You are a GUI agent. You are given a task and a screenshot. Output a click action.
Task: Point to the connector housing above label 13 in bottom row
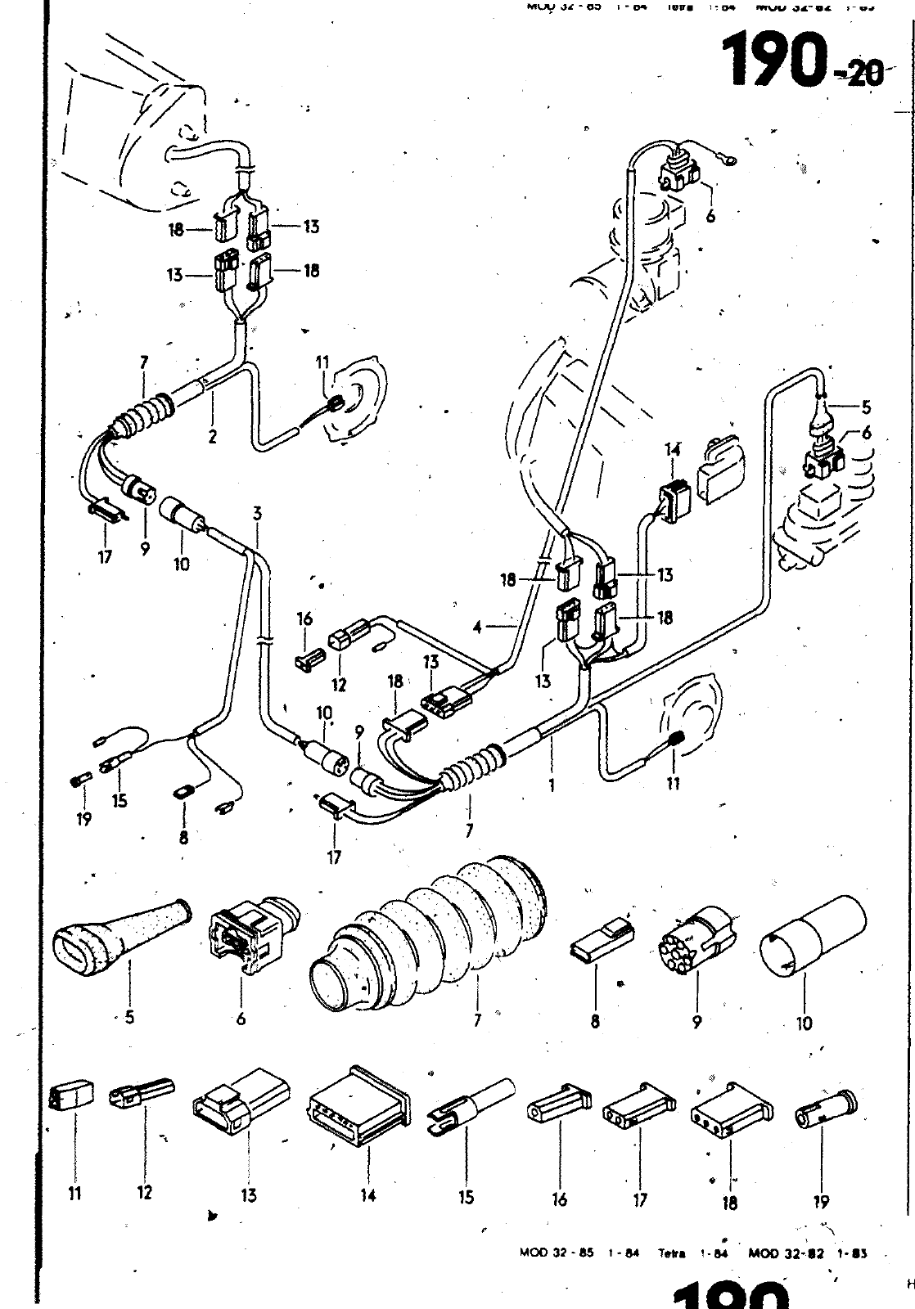click(x=240, y=1101)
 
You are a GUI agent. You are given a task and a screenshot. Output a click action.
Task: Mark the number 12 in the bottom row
click(x=145, y=1192)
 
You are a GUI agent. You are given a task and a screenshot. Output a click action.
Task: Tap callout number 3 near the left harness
click(x=257, y=514)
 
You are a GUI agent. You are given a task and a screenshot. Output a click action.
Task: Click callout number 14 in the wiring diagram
click(x=672, y=449)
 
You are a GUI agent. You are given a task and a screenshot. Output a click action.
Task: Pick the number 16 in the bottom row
click(x=559, y=1199)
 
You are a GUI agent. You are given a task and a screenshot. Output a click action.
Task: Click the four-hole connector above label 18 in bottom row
click(x=732, y=1112)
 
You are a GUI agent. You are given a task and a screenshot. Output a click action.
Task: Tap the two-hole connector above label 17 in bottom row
click(x=638, y=1105)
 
